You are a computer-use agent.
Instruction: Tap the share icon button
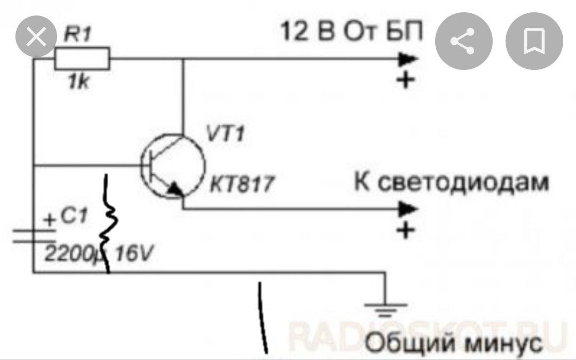click(x=462, y=41)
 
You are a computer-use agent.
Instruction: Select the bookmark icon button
click(x=534, y=41)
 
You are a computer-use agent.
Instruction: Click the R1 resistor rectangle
click(x=82, y=58)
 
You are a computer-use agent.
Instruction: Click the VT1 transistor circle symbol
click(x=173, y=166)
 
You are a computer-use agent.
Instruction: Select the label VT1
click(x=225, y=134)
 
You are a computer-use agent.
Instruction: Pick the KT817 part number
click(x=242, y=185)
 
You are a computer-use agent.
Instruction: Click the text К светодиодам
click(x=451, y=182)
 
